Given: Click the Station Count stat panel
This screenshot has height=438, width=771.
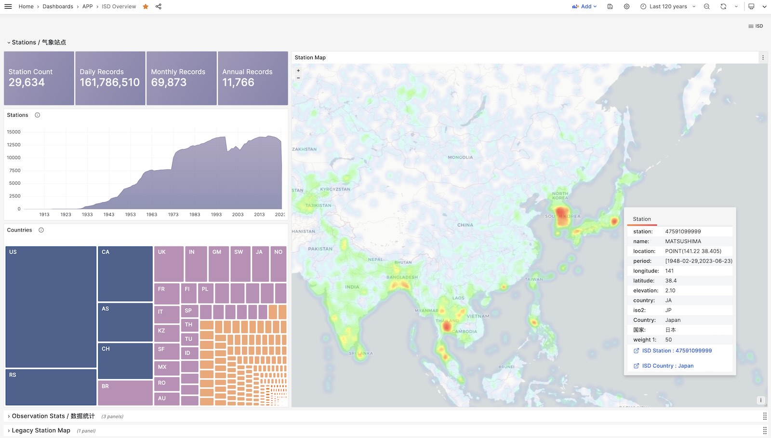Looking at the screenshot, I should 39,78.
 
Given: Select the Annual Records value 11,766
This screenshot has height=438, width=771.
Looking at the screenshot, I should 238,82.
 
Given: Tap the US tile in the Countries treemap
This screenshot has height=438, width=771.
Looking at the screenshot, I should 51,307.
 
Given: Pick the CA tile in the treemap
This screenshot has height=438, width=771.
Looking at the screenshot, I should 125,274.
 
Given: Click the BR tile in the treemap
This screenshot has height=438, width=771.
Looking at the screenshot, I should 125,393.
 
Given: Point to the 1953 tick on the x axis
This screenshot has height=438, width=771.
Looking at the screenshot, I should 130,215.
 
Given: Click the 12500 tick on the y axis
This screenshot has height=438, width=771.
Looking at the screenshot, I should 13,145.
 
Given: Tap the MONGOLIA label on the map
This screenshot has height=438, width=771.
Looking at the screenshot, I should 460,157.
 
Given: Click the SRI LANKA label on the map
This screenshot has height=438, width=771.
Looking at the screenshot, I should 361,353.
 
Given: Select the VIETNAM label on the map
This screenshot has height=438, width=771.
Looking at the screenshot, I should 478,316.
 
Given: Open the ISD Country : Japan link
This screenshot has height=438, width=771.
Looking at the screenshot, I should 667,366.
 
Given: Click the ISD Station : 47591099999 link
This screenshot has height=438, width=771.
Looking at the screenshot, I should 677,351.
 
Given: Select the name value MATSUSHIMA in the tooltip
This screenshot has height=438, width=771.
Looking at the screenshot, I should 683,241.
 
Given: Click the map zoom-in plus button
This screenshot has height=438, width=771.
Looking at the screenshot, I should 298,70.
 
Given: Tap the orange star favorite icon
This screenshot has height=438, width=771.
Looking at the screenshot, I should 146,6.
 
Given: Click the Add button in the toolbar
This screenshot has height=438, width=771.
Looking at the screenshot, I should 585,6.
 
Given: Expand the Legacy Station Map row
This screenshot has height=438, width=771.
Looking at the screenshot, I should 41,430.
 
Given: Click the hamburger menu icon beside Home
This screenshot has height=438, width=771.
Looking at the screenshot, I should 8,6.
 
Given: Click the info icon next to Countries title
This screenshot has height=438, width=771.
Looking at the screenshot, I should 41,230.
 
